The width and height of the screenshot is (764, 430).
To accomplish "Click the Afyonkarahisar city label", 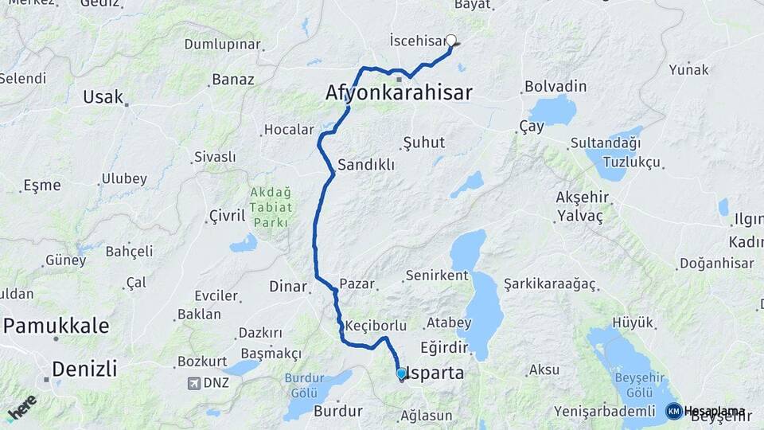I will click(x=399, y=93).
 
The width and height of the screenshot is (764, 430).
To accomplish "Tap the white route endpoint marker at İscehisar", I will click(x=451, y=41).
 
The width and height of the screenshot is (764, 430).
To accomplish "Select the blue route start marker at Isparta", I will click(x=402, y=373).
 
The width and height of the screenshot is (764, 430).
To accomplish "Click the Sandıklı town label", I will click(x=366, y=166).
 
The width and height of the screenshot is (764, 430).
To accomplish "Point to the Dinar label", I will click(x=288, y=285).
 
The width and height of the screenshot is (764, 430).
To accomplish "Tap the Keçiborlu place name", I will click(x=376, y=326).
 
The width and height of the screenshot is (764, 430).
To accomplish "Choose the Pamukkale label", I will click(x=57, y=326).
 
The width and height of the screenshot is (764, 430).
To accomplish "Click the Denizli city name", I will click(x=84, y=369).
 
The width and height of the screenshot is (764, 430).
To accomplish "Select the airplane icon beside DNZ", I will click(x=193, y=384).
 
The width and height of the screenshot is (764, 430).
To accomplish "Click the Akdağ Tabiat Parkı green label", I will click(x=271, y=207).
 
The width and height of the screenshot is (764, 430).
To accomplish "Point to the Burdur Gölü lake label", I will click(x=299, y=387).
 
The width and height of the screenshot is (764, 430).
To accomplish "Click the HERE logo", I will click(x=21, y=408).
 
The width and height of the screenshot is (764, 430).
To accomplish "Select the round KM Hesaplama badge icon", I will click(x=674, y=411).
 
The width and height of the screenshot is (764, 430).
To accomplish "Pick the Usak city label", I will click(x=103, y=97).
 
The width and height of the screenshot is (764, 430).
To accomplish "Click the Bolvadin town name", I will click(x=555, y=86).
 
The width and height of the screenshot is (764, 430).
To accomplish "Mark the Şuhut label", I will click(x=424, y=143).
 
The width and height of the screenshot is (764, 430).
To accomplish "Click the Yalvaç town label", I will click(x=580, y=216).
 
